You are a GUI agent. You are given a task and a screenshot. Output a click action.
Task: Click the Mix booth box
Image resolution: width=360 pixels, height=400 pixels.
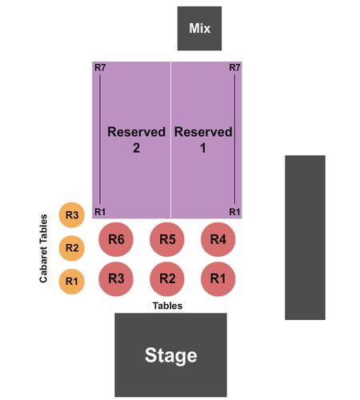point(199,29)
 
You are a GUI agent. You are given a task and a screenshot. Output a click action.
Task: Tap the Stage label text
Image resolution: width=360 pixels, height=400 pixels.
point(171,356)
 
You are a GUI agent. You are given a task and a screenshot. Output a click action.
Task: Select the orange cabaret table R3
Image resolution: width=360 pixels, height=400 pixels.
point(72,215)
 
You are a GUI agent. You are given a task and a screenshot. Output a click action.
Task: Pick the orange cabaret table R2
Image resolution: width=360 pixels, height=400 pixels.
point(72,248)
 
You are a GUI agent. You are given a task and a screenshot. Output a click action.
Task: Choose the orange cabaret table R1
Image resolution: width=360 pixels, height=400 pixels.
point(72,282)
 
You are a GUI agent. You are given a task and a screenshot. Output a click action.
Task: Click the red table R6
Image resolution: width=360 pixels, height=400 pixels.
point(116,239)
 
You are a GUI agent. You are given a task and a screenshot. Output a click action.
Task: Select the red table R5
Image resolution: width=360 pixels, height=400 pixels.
point(167,239)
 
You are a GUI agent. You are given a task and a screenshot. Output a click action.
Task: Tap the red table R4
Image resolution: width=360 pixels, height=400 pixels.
point(218,239)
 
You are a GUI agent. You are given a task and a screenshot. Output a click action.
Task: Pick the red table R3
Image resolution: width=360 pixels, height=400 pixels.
point(116,279)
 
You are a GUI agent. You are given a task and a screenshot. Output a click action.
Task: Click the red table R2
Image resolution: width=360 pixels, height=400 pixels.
point(167,279)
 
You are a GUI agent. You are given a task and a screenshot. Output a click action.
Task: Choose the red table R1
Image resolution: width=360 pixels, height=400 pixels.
point(218,279)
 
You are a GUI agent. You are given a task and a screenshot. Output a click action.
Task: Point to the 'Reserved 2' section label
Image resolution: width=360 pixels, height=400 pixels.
point(136,140)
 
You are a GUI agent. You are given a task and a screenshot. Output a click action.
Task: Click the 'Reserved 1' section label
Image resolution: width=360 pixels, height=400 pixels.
point(203,140)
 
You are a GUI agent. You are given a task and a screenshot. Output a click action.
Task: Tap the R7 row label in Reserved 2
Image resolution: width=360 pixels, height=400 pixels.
point(100,67)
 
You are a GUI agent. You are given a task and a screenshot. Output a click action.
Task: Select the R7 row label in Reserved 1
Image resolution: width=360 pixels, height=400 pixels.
point(234,67)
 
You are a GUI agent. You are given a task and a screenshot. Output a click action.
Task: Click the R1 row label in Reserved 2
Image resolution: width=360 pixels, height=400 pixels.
point(100,212)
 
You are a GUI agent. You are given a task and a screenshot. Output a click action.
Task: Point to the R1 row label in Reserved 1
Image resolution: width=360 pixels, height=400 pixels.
point(234,212)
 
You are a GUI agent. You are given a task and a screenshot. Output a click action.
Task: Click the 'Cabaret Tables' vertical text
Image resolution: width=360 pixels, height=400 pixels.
point(43,248)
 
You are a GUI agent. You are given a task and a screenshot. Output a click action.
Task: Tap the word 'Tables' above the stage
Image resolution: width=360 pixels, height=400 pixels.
point(167,306)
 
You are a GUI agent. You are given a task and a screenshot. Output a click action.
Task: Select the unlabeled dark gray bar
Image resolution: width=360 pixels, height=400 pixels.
point(305,238)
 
